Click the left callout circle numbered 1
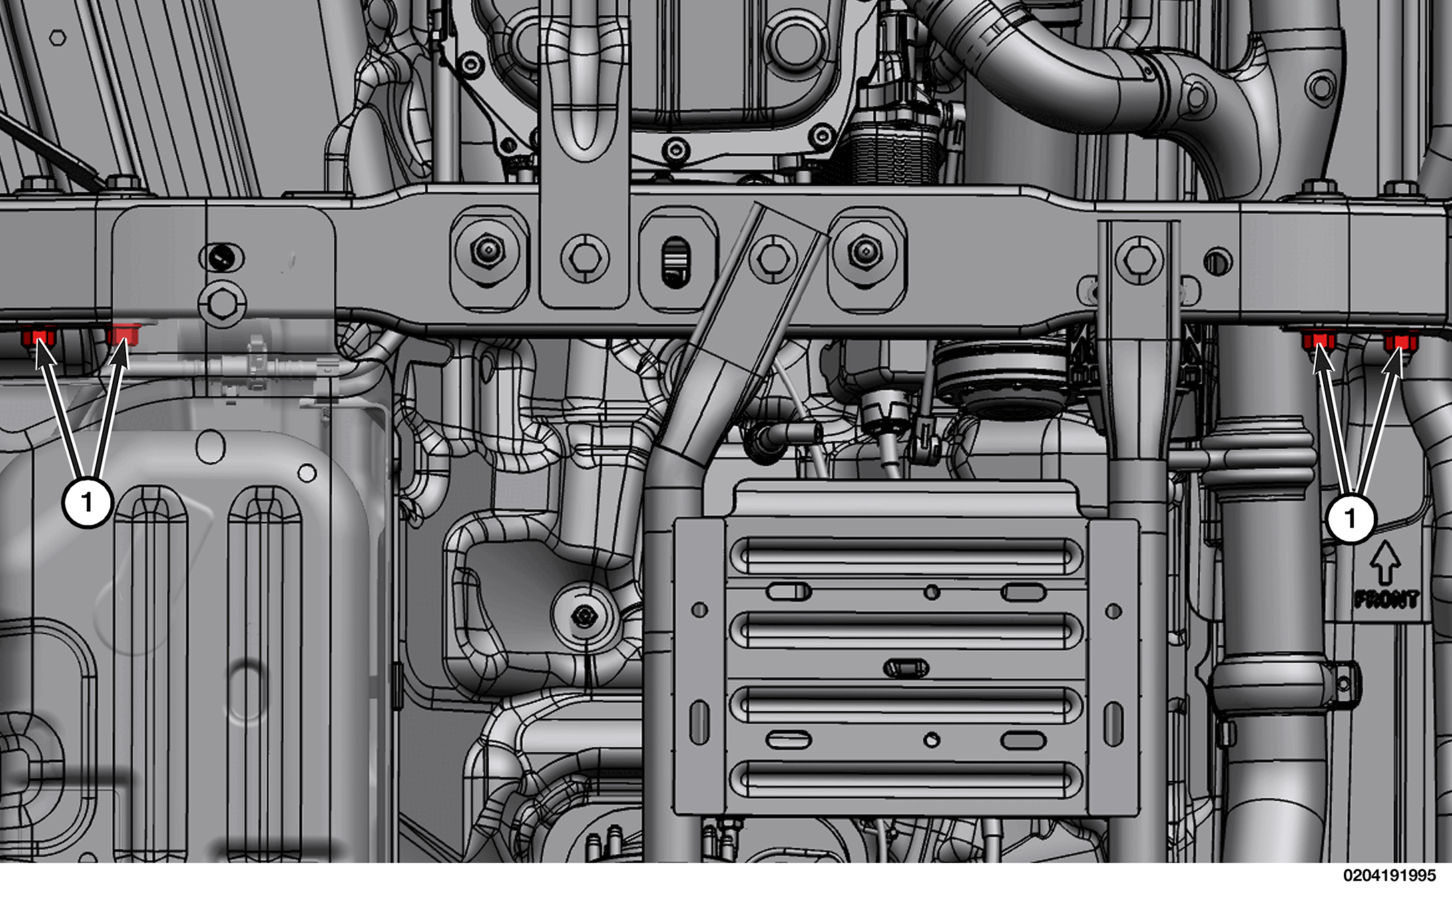pyautogui.click(x=87, y=501)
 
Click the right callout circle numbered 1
pyautogui.click(x=1351, y=517)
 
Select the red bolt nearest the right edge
pyautogui.click(x=1401, y=344)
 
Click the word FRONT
pyautogui.click(x=1387, y=599)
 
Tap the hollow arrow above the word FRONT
pyautogui.click(x=1385, y=563)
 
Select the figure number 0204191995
pyautogui.click(x=1389, y=876)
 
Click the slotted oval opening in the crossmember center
pyautogui.click(x=676, y=262)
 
